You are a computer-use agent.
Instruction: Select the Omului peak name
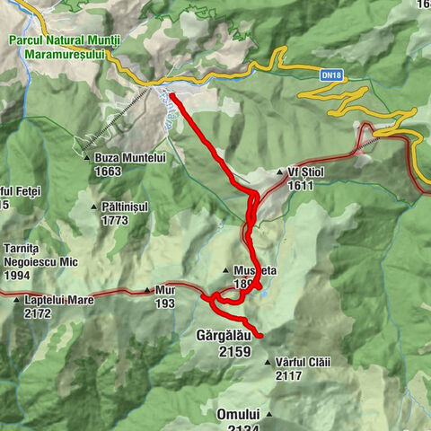(237, 414)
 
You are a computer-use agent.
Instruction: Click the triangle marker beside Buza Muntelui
(85, 157)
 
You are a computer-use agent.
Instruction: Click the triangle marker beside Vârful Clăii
(268, 363)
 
